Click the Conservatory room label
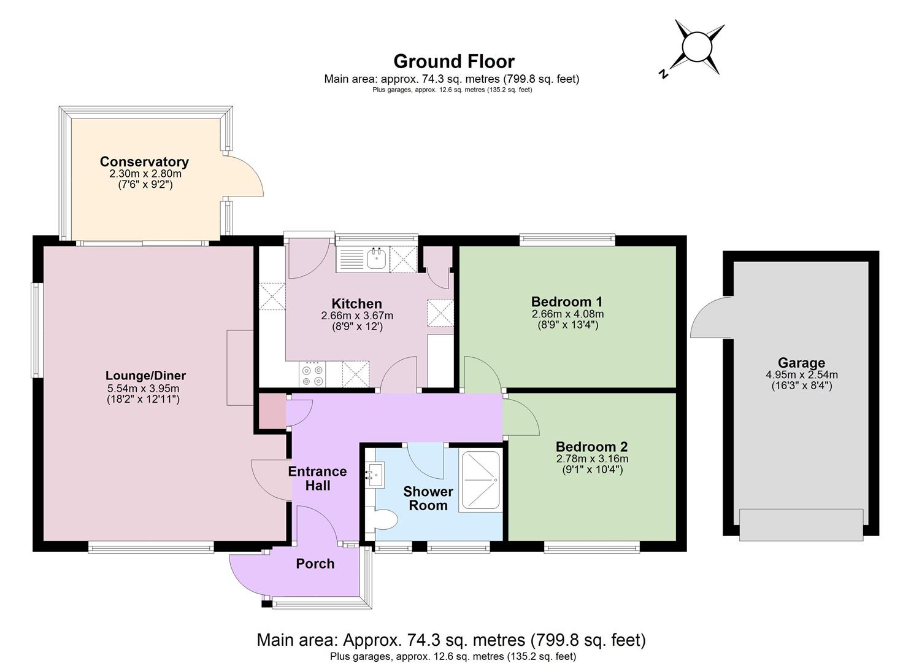pos(144,162)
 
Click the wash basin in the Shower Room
pos(375,475)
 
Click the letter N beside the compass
pos(663,74)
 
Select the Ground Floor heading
pos(454,61)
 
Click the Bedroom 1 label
pos(566,301)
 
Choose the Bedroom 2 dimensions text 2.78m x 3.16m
pos(592,459)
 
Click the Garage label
pos(802,362)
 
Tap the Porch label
pos(315,564)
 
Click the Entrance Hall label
pos(317,478)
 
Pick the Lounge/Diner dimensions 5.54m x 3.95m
pos(143,388)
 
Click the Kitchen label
pos(356,304)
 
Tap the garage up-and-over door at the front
pos(801,525)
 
